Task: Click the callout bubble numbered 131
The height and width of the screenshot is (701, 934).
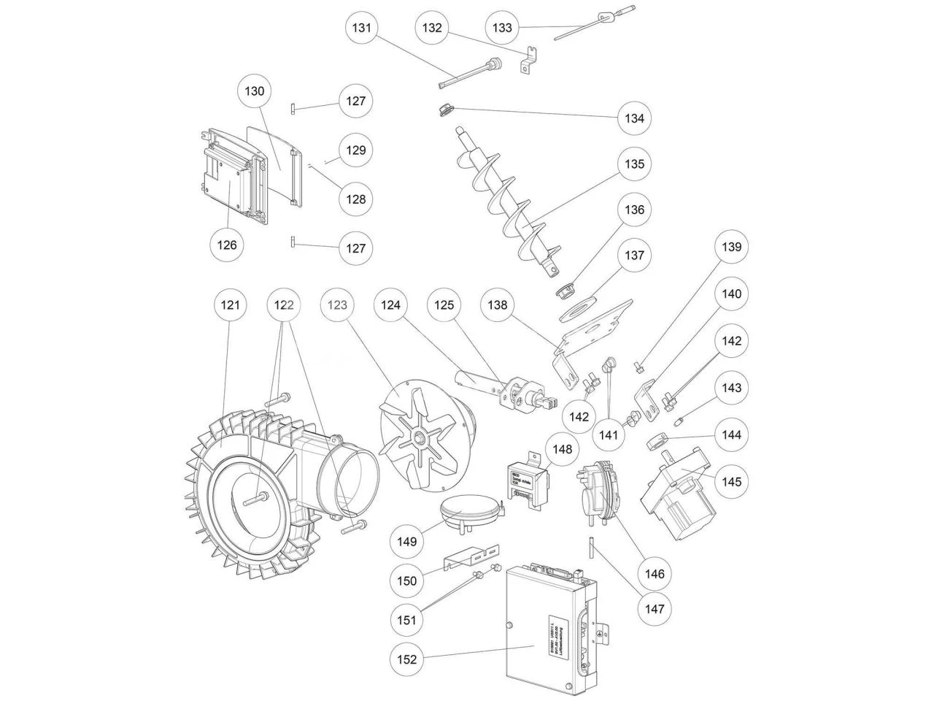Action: click(363, 28)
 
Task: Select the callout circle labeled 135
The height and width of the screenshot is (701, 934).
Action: click(634, 164)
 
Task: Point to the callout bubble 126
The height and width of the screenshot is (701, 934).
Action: click(227, 245)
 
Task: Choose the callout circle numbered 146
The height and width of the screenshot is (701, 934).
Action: click(655, 574)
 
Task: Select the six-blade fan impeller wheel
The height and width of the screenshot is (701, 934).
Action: click(421, 439)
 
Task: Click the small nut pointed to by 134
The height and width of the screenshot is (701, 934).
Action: click(442, 110)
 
